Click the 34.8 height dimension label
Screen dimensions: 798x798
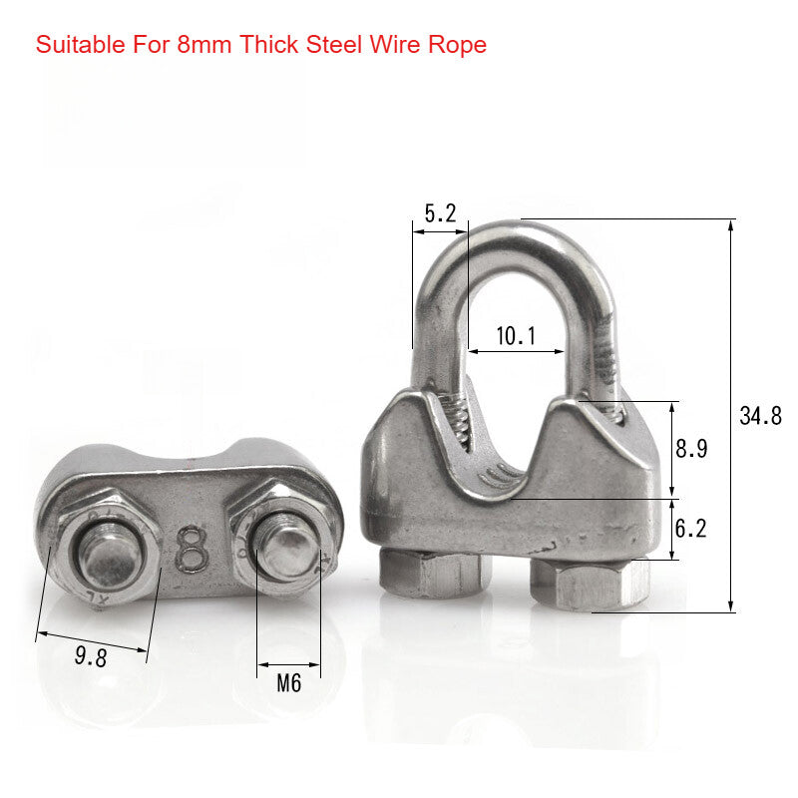[760, 417]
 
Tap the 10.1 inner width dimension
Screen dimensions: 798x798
[516, 337]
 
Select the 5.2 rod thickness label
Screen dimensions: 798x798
[440, 212]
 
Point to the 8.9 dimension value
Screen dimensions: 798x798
[691, 449]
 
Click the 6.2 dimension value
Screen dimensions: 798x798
[690, 529]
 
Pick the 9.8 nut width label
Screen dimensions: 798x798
[91, 655]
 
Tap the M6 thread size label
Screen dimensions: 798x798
[288, 684]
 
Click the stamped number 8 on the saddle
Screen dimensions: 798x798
[192, 548]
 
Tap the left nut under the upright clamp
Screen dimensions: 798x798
[436, 574]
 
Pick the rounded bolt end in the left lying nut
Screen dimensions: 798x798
[107, 560]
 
